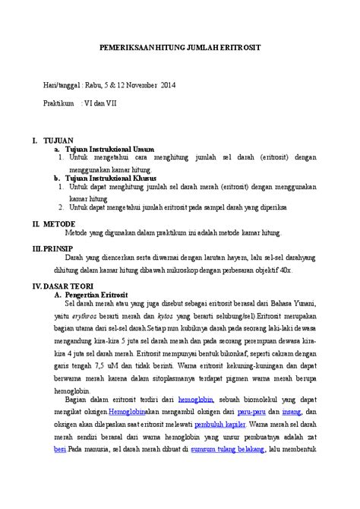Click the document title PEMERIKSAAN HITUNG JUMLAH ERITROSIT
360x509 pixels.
coord(179,47)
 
